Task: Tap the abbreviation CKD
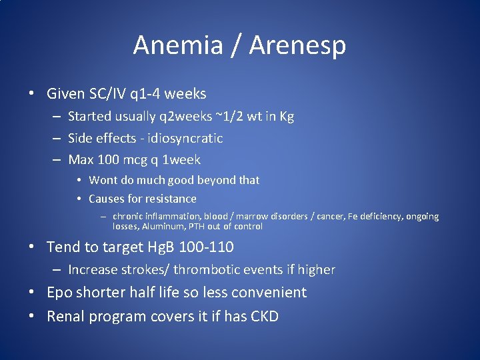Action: coord(263,316)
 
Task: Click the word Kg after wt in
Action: coord(286,116)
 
